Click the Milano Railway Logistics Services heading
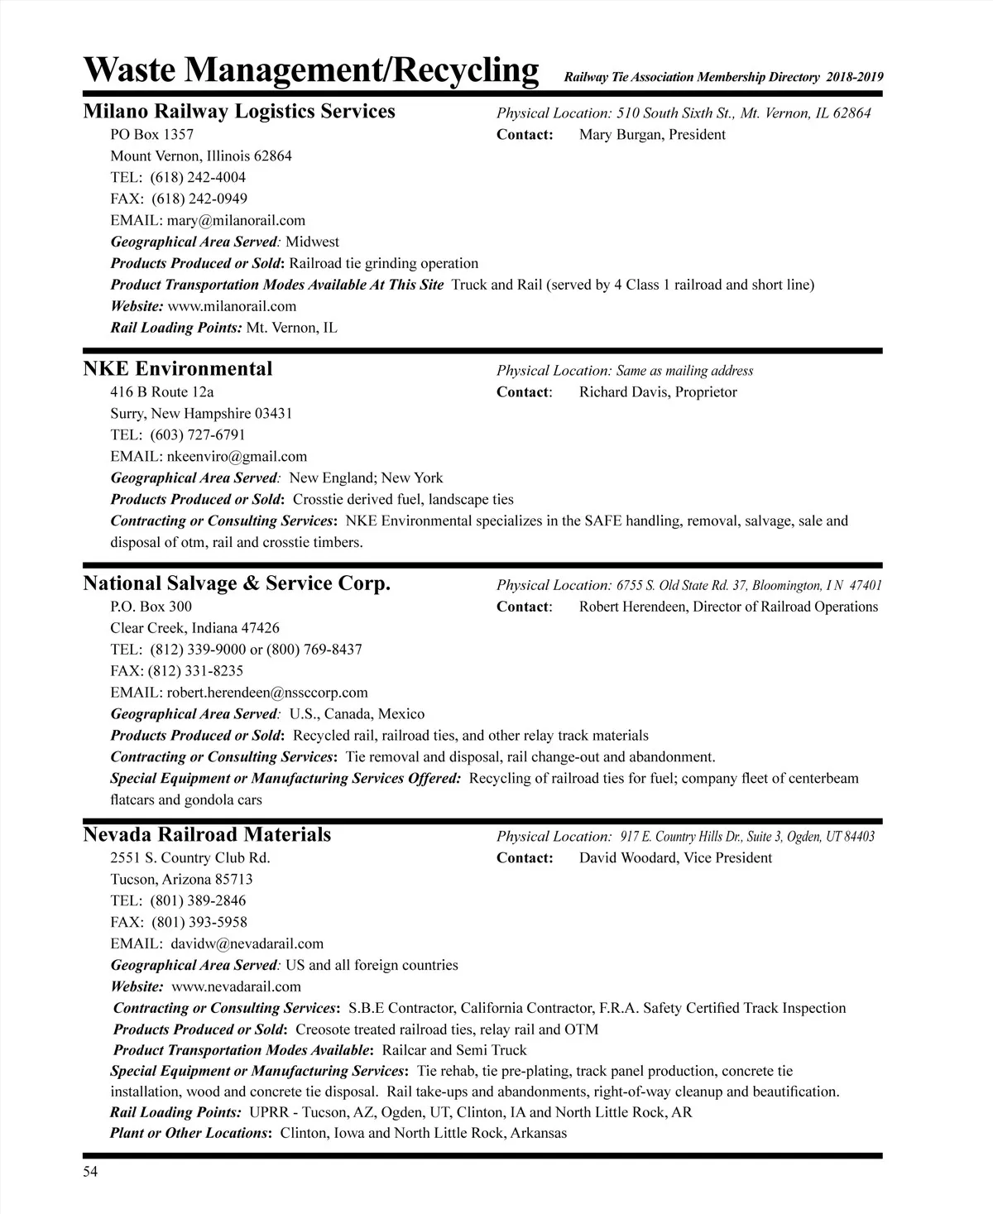(x=239, y=112)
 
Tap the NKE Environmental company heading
(x=178, y=369)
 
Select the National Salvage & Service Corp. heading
(x=237, y=584)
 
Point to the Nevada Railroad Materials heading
(x=207, y=835)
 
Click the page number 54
(x=90, y=1171)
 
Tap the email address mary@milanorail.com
(x=236, y=220)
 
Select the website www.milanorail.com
(x=232, y=306)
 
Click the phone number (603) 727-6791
(x=198, y=434)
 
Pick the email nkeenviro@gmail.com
(x=237, y=456)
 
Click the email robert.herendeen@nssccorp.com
(x=267, y=693)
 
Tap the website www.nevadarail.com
(x=236, y=986)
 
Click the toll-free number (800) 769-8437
(x=314, y=650)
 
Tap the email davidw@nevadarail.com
(x=247, y=943)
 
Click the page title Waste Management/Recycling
(x=311, y=70)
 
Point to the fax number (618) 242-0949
(x=199, y=199)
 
